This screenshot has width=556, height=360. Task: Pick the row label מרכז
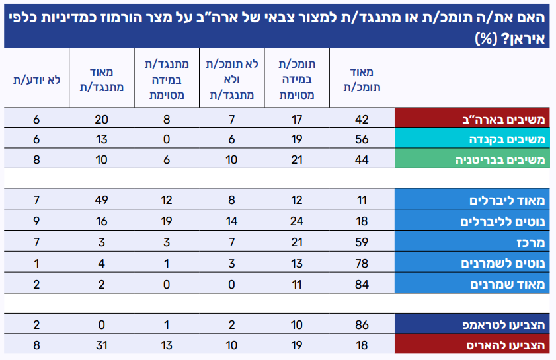[530, 242]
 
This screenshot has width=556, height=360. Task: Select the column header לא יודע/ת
[37, 79]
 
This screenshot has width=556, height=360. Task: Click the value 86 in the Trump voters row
[361, 325]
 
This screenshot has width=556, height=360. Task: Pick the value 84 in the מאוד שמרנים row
[361, 284]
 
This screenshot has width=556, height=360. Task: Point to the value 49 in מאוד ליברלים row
[101, 199]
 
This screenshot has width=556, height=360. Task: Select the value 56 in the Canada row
[361, 139]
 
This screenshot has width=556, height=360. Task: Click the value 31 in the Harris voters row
[101, 344]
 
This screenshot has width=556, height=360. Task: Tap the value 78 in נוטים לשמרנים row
[361, 264]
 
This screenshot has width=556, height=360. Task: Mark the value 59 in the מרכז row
[361, 242]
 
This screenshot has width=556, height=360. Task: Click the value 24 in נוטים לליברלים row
[296, 221]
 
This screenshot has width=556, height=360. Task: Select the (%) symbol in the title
[486, 38]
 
